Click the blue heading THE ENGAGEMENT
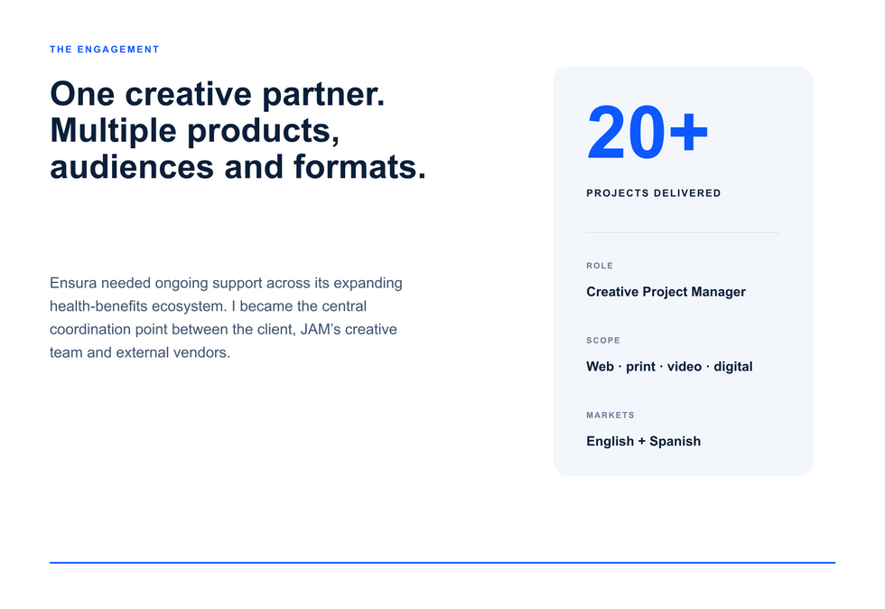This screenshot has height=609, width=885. pyautogui.click(x=105, y=50)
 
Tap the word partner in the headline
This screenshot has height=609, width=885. pyautogui.click(x=323, y=95)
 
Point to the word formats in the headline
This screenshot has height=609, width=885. pyautogui.click(x=359, y=167)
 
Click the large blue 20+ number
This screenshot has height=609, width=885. pyautogui.click(x=647, y=134)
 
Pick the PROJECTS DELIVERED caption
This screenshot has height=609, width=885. pyautogui.click(x=654, y=193)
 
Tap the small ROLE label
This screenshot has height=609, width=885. pyautogui.click(x=600, y=266)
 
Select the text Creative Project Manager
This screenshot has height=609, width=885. pyautogui.click(x=666, y=292)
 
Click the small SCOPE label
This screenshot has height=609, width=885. pyautogui.click(x=603, y=341)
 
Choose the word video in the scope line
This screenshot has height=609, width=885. pyautogui.click(x=685, y=367)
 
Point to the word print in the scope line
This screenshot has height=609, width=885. pyautogui.click(x=640, y=367)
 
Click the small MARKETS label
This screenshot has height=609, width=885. pyautogui.click(x=610, y=416)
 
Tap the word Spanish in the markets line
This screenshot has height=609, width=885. pyautogui.click(x=675, y=442)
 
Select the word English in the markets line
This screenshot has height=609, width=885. pyautogui.click(x=610, y=442)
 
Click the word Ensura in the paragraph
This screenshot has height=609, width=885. pyautogui.click(x=73, y=283)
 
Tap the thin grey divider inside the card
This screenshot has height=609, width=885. pyautogui.click(x=683, y=232)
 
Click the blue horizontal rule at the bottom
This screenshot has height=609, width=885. pyautogui.click(x=442, y=563)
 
